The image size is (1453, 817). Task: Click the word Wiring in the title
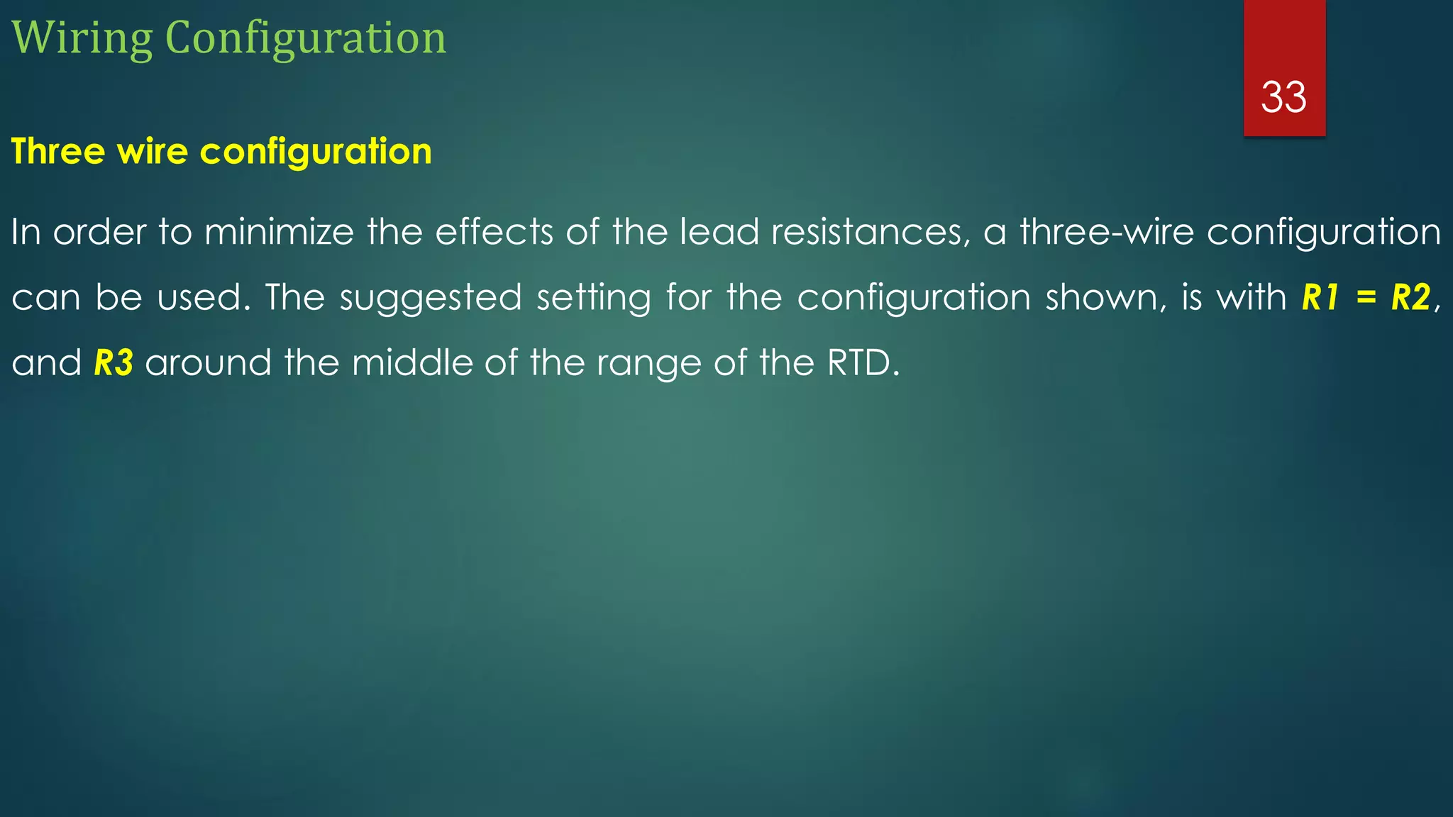coord(82,38)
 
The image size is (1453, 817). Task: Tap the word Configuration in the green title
coord(306,38)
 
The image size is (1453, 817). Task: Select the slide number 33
coord(1283,97)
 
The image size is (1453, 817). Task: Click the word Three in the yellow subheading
coord(58,151)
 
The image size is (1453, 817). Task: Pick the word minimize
coord(279,232)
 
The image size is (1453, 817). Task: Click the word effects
coord(494,232)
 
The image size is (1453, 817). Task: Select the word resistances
coord(871,232)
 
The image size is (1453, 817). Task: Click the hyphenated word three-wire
coord(1107,232)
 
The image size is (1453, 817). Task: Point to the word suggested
coord(431,298)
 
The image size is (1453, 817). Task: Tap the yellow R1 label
coord(1320,298)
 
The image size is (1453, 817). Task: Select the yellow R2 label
coord(1411,298)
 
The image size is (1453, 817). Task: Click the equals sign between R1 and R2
coord(1366,298)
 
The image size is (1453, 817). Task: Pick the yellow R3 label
coord(114,363)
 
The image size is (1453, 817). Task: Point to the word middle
coord(412,363)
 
